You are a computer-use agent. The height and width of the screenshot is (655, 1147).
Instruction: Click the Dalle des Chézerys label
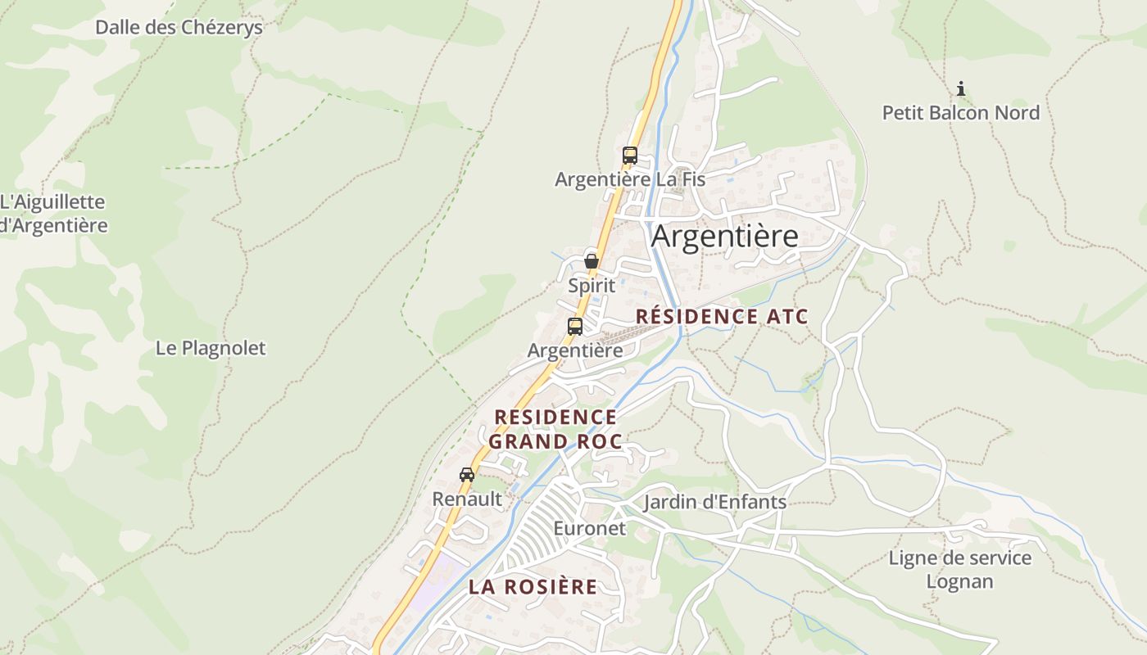coord(179,27)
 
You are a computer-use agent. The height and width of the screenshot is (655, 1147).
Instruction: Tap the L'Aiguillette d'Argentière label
coord(53,213)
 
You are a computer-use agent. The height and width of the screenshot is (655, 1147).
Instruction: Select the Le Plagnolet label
coord(211,348)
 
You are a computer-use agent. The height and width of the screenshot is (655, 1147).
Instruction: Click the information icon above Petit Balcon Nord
coord(961,88)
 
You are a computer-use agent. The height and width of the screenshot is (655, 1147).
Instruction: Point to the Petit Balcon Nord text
coord(960,113)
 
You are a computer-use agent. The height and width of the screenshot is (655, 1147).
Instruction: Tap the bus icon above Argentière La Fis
coord(629,155)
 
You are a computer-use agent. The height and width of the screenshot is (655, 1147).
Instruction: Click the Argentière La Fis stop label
coord(629,179)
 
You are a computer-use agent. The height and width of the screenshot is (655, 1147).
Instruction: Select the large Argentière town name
coord(724,237)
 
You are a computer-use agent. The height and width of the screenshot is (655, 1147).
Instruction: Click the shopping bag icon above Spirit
coord(591,262)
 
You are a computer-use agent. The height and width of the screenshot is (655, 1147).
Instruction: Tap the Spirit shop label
coord(591,286)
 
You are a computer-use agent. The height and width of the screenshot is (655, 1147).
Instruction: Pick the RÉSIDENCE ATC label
coord(722,317)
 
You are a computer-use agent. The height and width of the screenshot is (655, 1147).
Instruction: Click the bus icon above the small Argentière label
coord(575,326)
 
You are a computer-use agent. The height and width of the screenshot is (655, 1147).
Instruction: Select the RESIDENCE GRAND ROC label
coord(555,430)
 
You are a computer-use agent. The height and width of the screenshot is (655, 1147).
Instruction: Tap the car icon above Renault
coord(467,475)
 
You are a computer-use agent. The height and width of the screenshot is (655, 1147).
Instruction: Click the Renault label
coord(467,499)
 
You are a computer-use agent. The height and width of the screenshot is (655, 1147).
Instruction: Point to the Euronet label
coord(589,528)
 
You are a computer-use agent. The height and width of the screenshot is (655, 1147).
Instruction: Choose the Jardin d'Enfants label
coord(714,502)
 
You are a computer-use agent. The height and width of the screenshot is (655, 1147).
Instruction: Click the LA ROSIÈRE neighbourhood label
coord(533,587)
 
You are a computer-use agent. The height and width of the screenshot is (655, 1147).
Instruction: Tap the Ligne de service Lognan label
coord(959,570)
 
